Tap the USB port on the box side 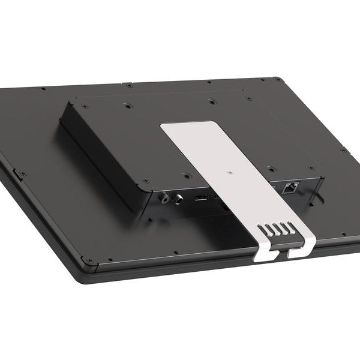click(x=201, y=199)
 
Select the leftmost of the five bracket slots click(x=262, y=229)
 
